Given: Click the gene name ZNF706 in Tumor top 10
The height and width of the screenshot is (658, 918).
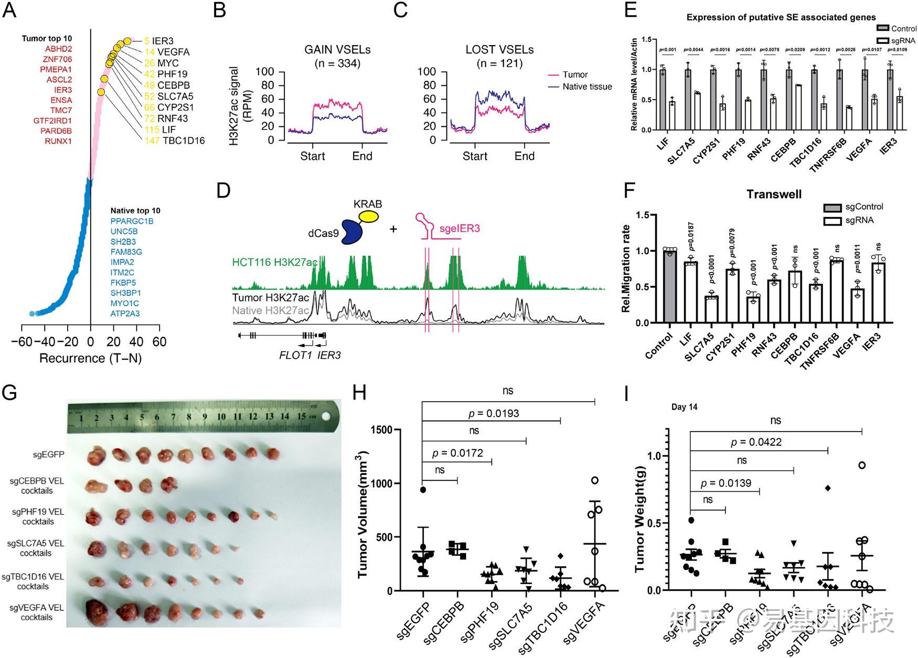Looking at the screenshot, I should click(58, 59).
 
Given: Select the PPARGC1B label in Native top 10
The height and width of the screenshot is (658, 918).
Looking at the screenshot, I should click(132, 221).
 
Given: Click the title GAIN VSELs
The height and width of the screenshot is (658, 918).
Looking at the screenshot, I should click(337, 50).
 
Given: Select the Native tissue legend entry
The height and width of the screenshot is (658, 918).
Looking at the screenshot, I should click(586, 87).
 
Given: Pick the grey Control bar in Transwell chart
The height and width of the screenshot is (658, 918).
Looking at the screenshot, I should click(669, 287).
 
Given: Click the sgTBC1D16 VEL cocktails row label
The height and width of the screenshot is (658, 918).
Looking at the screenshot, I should click(33, 581).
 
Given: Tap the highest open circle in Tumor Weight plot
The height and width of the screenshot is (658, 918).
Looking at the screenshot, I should click(861, 465).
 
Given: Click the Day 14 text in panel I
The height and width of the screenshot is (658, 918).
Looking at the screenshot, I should click(685, 407).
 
